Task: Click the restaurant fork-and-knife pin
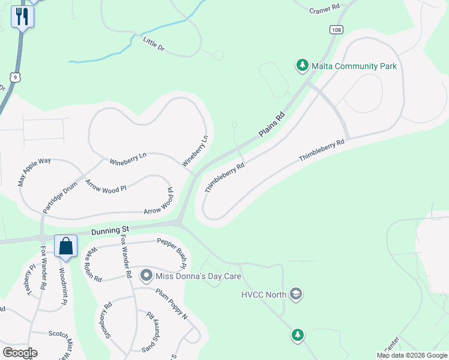tap(22, 16)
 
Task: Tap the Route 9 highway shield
tap(16, 77)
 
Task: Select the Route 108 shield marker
tap(336, 29)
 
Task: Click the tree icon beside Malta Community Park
tap(302, 65)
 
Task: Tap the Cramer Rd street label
tap(325, 9)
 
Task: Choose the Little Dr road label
tap(153, 43)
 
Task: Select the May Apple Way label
tap(34, 172)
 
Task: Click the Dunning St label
tap(110, 230)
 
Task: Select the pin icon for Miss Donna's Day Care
tap(146, 277)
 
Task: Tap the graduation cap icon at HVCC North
tap(295, 294)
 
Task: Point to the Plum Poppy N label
tap(172, 304)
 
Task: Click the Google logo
tap(20, 353)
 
